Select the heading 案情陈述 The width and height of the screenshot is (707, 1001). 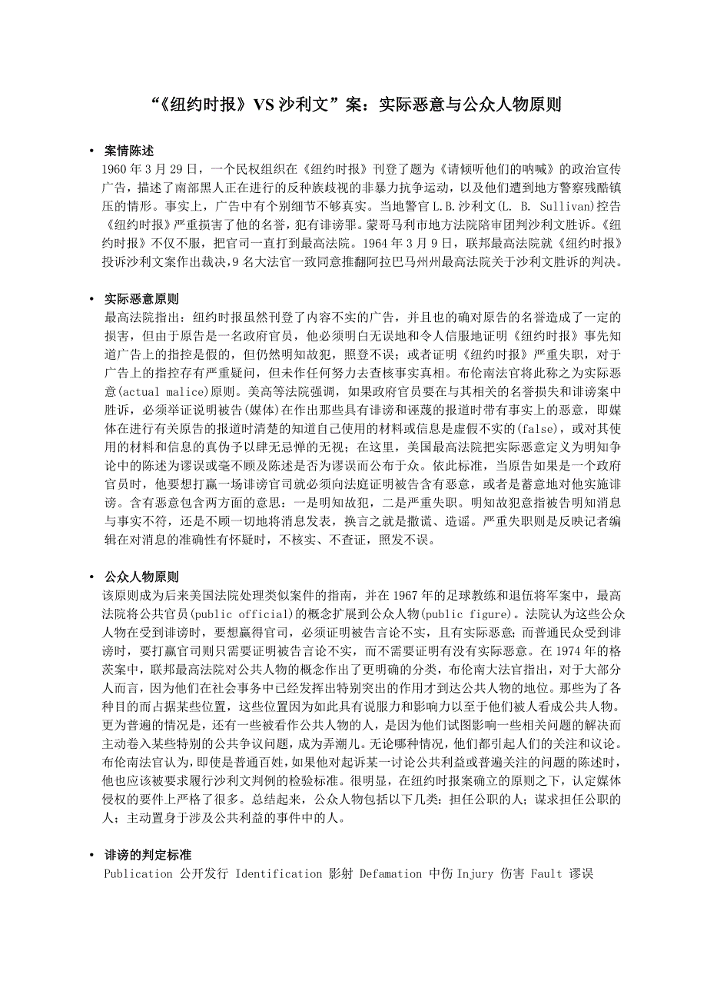pyautogui.click(x=129, y=151)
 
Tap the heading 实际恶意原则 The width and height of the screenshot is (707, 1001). pyautogui.click(x=141, y=298)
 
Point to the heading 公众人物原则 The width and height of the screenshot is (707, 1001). pyautogui.click(x=141, y=577)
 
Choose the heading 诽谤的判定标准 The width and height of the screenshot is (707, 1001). pyautogui.click(x=148, y=855)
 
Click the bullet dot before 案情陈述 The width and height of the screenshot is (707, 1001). pyautogui.click(x=91, y=151)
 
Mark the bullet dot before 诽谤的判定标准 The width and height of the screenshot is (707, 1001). pyautogui.click(x=91, y=855)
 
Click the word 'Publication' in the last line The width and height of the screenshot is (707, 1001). pyautogui.click(x=138, y=873)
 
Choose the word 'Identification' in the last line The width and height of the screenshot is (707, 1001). pyautogui.click(x=278, y=873)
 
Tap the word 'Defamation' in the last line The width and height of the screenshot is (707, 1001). pyautogui.click(x=390, y=873)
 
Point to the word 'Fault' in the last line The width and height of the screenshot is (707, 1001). pyautogui.click(x=546, y=873)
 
